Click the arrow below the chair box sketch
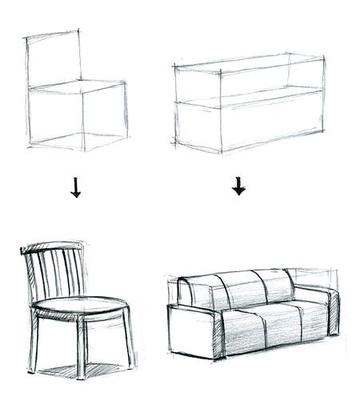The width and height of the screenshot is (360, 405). [x=76, y=188]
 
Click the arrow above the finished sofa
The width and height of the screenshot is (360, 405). [x=238, y=186]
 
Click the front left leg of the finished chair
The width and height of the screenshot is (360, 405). [x=34, y=344]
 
